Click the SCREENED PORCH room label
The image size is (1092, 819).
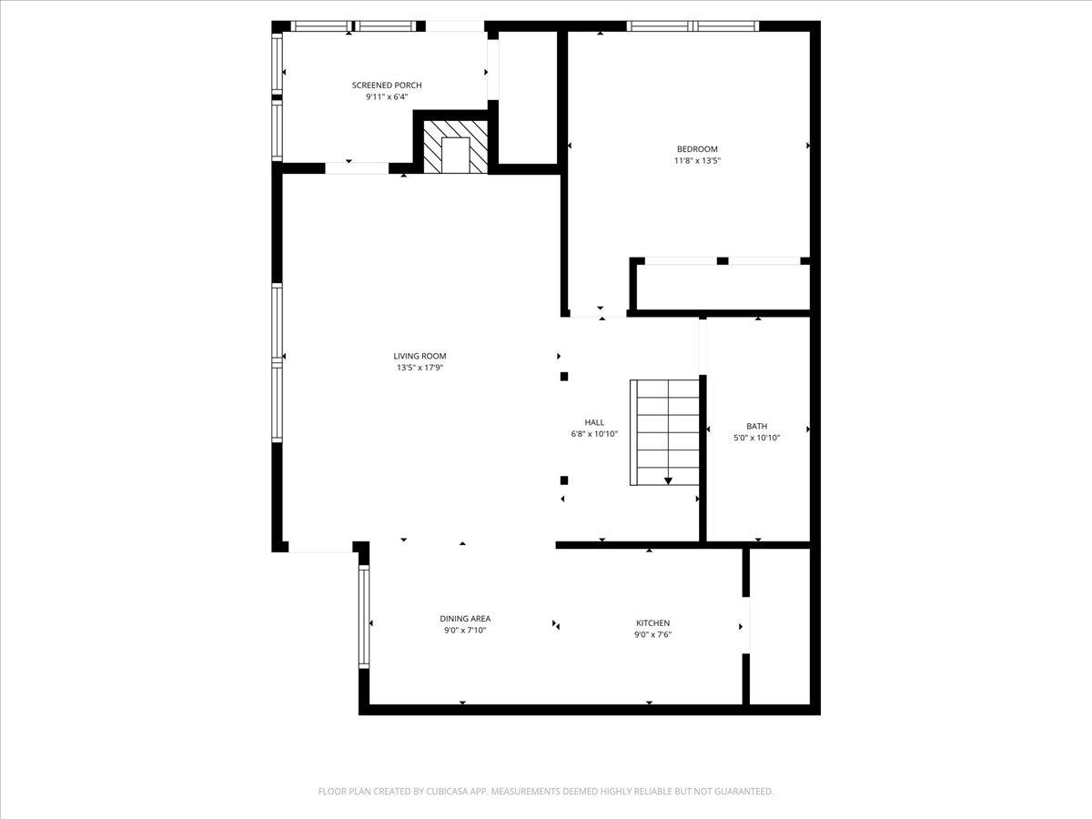[387, 85]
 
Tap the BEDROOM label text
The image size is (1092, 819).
[697, 149]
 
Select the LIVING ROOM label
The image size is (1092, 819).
[420, 356]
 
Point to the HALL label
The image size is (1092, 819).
[594, 422]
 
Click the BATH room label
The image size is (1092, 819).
[756, 426]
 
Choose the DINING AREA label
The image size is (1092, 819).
[465, 619]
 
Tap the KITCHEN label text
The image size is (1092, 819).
[652, 623]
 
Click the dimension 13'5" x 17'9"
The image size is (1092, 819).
[420, 369]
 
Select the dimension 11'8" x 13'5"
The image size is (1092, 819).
[697, 161]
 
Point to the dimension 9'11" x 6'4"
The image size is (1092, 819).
[387, 96]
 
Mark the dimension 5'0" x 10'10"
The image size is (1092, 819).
[756, 438]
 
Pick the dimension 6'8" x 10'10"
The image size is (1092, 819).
[594, 434]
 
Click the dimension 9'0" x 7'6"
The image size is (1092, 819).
[652, 635]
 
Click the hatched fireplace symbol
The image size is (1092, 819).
[455, 146]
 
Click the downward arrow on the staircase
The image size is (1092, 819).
[668, 480]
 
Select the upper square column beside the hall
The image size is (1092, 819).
[564, 376]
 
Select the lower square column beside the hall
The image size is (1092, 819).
[564, 480]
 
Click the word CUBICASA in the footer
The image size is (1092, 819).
[446, 792]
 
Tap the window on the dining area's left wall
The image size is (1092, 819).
[364, 617]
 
